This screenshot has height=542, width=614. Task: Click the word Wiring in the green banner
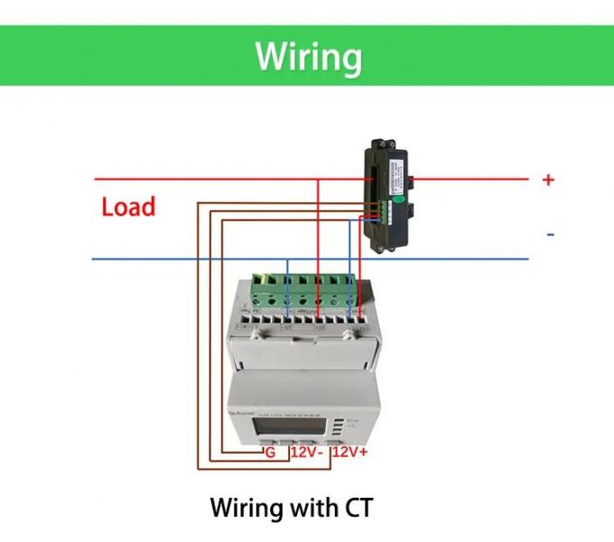(x=308, y=56)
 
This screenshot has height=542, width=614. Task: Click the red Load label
(x=128, y=207)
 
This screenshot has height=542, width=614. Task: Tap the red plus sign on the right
(x=548, y=180)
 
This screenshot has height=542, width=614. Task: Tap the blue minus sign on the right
(x=549, y=236)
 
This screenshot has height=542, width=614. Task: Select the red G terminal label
(x=269, y=452)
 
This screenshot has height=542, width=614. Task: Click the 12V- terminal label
(x=307, y=452)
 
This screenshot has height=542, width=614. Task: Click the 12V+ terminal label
(x=350, y=452)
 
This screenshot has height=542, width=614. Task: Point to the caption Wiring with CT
(x=291, y=507)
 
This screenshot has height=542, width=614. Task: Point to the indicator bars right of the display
(x=338, y=426)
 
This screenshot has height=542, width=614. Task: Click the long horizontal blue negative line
(x=181, y=260)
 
